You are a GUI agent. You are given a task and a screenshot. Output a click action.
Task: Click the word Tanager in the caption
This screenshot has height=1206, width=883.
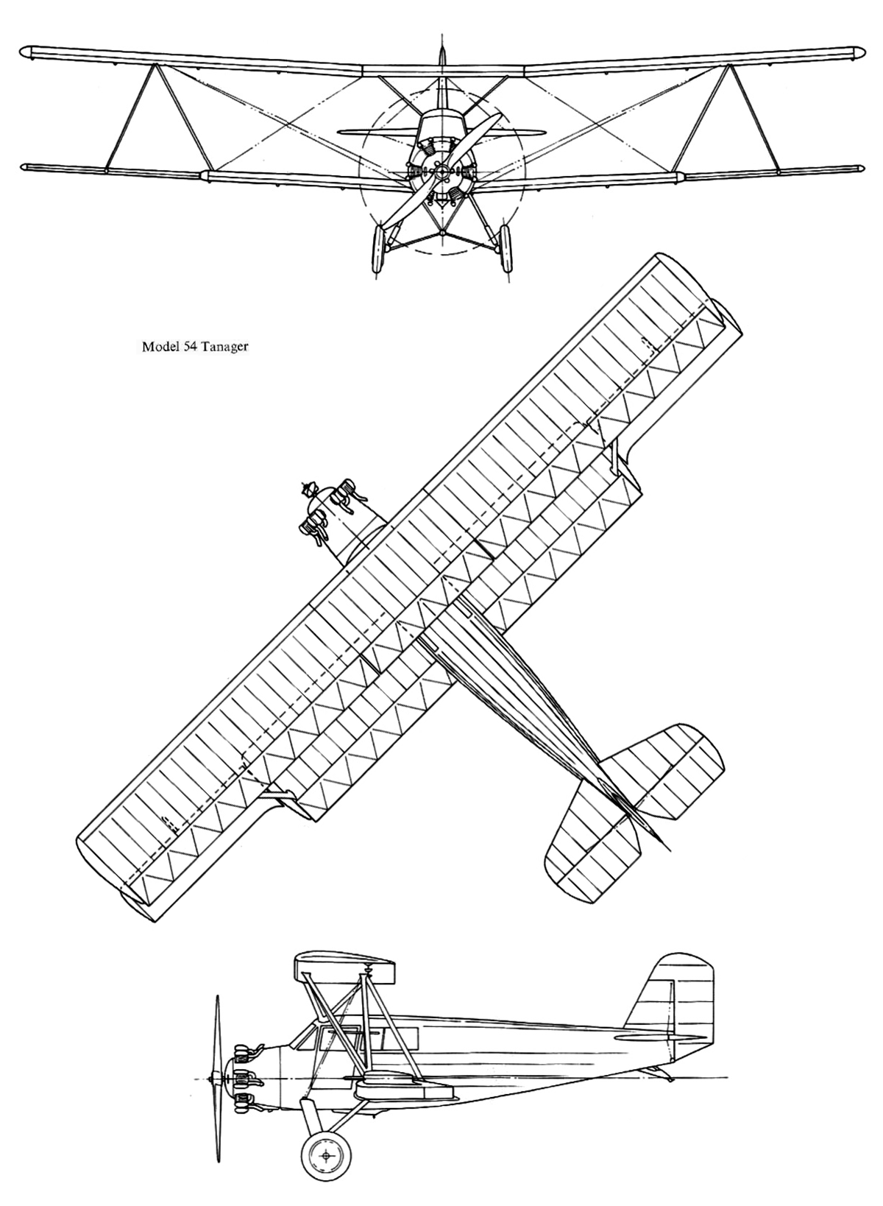coord(224,347)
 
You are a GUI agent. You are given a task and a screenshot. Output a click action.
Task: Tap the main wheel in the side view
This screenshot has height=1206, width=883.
coord(327,1152)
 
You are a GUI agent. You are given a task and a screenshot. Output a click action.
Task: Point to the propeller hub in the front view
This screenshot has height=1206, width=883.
coord(441,172)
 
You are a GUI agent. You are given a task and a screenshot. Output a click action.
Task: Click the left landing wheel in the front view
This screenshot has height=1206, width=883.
coord(378,250)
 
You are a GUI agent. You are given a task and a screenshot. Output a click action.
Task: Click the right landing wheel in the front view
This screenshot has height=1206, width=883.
coord(506,250)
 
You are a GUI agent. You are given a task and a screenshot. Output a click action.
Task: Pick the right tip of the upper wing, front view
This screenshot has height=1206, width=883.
coord(864,53)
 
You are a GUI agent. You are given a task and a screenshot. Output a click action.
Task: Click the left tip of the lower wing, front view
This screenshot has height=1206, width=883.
coord(23,167)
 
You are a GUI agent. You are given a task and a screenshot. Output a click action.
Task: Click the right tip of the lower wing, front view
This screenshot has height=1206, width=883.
coord(862,167)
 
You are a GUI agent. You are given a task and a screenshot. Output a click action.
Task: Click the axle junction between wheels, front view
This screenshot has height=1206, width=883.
coord(441,233)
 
